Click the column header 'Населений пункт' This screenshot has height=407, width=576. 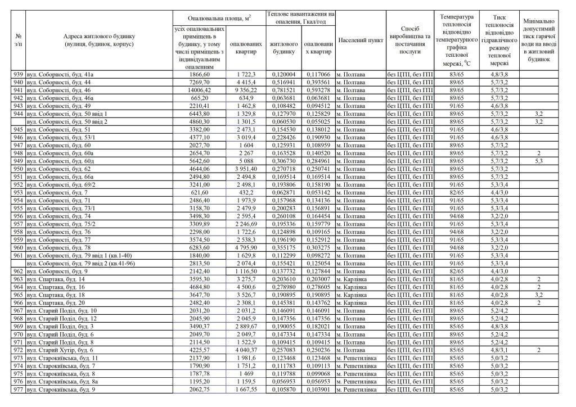(361, 41)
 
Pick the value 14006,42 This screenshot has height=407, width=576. (200, 90)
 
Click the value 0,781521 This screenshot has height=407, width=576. (283, 90)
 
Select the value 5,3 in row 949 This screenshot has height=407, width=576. (538, 161)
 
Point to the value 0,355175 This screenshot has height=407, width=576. (283, 247)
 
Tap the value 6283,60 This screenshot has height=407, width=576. (200, 247)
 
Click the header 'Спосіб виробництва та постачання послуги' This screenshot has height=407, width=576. (410, 41)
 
